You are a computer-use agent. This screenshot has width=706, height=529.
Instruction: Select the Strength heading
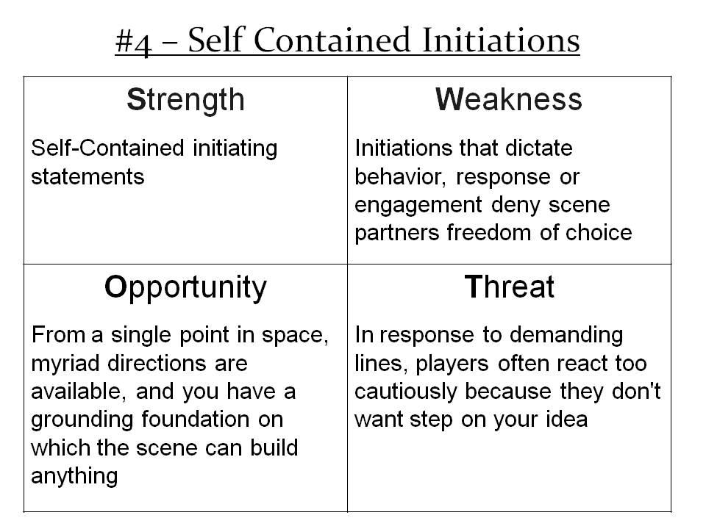185,101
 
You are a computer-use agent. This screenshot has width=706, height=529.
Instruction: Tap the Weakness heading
509,99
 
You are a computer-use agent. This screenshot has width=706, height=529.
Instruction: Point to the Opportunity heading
185,288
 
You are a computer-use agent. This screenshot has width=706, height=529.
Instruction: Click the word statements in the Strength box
88,176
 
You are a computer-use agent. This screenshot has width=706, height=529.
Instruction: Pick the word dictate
539,148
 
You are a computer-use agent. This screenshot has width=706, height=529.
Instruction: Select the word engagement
418,206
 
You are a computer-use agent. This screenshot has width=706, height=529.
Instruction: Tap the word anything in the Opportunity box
74,477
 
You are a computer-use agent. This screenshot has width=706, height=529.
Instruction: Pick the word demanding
566,336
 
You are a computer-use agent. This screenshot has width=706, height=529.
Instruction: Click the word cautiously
406,392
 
